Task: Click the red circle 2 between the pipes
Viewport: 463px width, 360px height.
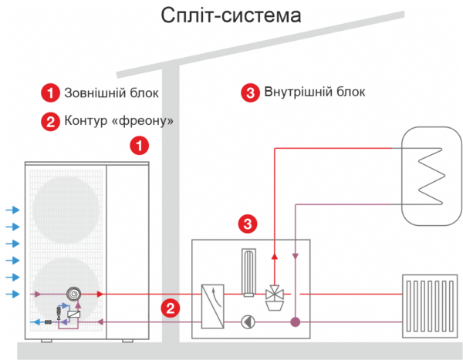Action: click(171, 308)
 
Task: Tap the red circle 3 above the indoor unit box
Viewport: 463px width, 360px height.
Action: click(247, 224)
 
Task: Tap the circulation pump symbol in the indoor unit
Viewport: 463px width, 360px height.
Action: click(247, 322)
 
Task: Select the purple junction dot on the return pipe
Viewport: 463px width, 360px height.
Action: click(294, 322)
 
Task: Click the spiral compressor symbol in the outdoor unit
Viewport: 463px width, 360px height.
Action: click(73, 294)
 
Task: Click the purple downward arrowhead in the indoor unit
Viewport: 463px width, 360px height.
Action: click(294, 257)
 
